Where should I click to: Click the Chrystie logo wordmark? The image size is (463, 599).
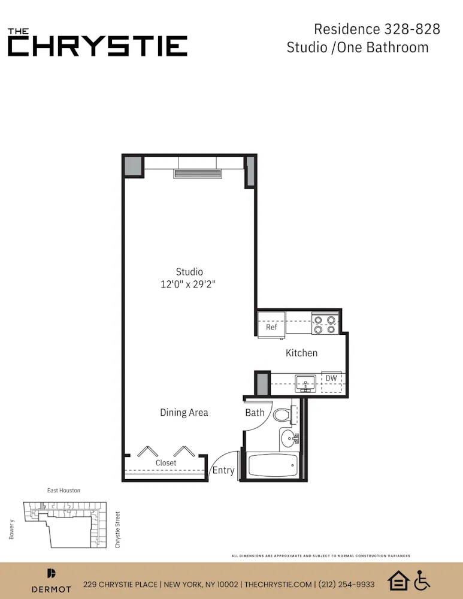[97, 43]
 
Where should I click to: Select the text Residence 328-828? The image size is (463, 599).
[377, 29]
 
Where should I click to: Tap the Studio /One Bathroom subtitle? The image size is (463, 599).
[358, 47]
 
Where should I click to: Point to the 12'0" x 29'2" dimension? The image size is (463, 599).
[188, 285]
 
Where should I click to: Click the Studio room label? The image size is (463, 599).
[189, 271]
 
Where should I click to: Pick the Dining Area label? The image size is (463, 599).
[184, 412]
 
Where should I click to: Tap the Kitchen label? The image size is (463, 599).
[301, 353]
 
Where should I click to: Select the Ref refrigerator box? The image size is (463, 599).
[271, 327]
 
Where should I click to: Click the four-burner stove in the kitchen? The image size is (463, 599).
[325, 324]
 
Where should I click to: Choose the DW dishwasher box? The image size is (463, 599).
[331, 379]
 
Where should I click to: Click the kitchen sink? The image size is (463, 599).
[306, 382]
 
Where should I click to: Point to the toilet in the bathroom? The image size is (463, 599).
[283, 414]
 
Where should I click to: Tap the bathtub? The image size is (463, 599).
[273, 466]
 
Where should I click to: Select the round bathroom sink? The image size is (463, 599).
[289, 438]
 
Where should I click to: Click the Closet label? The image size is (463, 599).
[166, 463]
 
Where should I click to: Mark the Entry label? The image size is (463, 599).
[223, 470]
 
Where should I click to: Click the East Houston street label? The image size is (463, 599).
[63, 491]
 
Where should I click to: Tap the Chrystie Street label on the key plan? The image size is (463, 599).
[118, 529]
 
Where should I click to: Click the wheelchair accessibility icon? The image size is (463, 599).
[423, 580]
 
